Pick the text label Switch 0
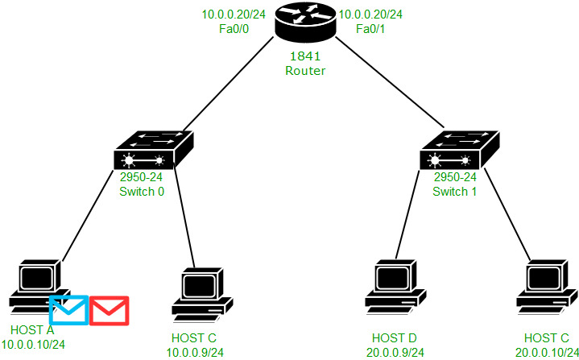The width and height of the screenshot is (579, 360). pos(141,192)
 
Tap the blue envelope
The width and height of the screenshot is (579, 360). pos(68,310)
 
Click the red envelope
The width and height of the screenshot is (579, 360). pos(109,310)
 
